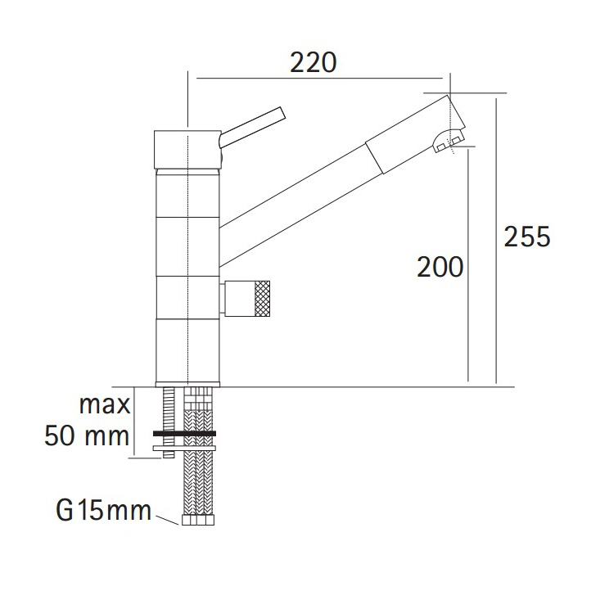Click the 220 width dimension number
coord(314,62)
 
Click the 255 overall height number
coord(527,237)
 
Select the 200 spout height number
coord(440,267)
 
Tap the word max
coord(106,404)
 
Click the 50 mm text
coord(87,434)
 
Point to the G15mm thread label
coord(104,512)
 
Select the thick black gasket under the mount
coord(185,433)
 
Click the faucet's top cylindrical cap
coord(187,147)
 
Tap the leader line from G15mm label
coord(169,517)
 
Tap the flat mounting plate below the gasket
coord(185,449)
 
